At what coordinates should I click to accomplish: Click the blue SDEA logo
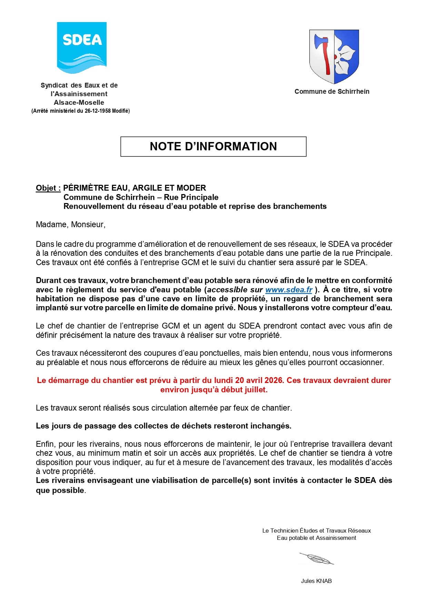pos(82,48)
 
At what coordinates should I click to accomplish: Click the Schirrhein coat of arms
pos(334,57)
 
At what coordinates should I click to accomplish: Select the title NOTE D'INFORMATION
pos(213,147)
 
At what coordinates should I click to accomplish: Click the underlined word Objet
pos(47,188)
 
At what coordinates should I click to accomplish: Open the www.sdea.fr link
pos(289,290)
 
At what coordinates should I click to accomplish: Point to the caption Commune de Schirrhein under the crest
pos(332,92)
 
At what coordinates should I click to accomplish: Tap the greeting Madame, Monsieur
pos(71,225)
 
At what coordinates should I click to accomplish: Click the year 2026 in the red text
pos(273,381)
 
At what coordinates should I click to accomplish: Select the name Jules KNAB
pos(316,581)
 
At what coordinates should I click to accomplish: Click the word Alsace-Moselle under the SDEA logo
pos(79,103)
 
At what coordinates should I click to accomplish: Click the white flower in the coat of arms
pos(346,56)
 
